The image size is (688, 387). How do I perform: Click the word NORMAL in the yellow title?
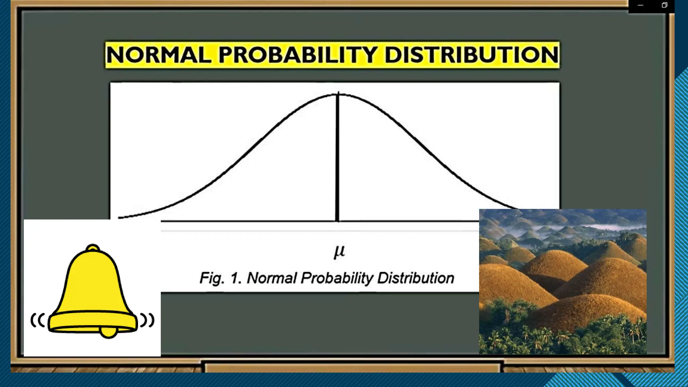[158, 55]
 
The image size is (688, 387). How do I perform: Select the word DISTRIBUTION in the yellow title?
[471, 55]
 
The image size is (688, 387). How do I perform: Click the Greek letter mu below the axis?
[339, 251]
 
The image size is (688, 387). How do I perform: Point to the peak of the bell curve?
[338, 94]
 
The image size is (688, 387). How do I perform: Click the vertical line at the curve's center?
[338, 158]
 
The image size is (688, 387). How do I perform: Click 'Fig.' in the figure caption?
[212, 278]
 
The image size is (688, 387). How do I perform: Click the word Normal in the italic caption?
[272, 278]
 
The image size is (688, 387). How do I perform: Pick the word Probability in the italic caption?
[337, 278]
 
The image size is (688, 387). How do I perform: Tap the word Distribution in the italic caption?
[416, 278]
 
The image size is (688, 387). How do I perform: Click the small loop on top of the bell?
[93, 248]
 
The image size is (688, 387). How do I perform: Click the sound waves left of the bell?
[38, 320]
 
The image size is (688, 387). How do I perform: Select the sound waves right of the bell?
[147, 320]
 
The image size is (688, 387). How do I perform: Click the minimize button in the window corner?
[640, 5]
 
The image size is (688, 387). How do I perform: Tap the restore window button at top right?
[664, 5]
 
